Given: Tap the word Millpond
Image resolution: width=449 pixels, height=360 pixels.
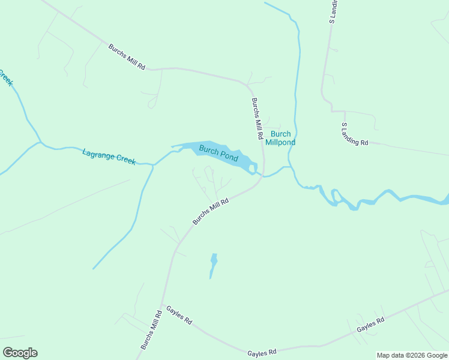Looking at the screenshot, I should pos(280,143).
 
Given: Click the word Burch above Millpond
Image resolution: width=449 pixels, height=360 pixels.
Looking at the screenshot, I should pos(280,134).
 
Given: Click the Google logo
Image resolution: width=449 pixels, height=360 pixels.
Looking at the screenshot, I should pos(20,352).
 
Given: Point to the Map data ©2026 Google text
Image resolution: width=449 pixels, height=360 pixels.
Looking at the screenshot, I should pos(412,355).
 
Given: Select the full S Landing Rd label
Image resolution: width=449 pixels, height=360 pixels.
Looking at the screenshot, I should pos(354,135).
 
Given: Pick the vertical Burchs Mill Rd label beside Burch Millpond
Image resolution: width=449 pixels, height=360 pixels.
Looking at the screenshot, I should pos(258,119).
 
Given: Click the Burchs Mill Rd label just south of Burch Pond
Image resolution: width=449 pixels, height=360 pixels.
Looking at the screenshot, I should pos(211,212).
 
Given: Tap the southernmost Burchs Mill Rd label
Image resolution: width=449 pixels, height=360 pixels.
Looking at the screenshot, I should pos(151,330).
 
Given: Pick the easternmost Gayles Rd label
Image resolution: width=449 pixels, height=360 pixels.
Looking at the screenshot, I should pos(370,326).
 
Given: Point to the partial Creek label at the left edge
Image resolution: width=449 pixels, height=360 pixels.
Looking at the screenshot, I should pos(5,77).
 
